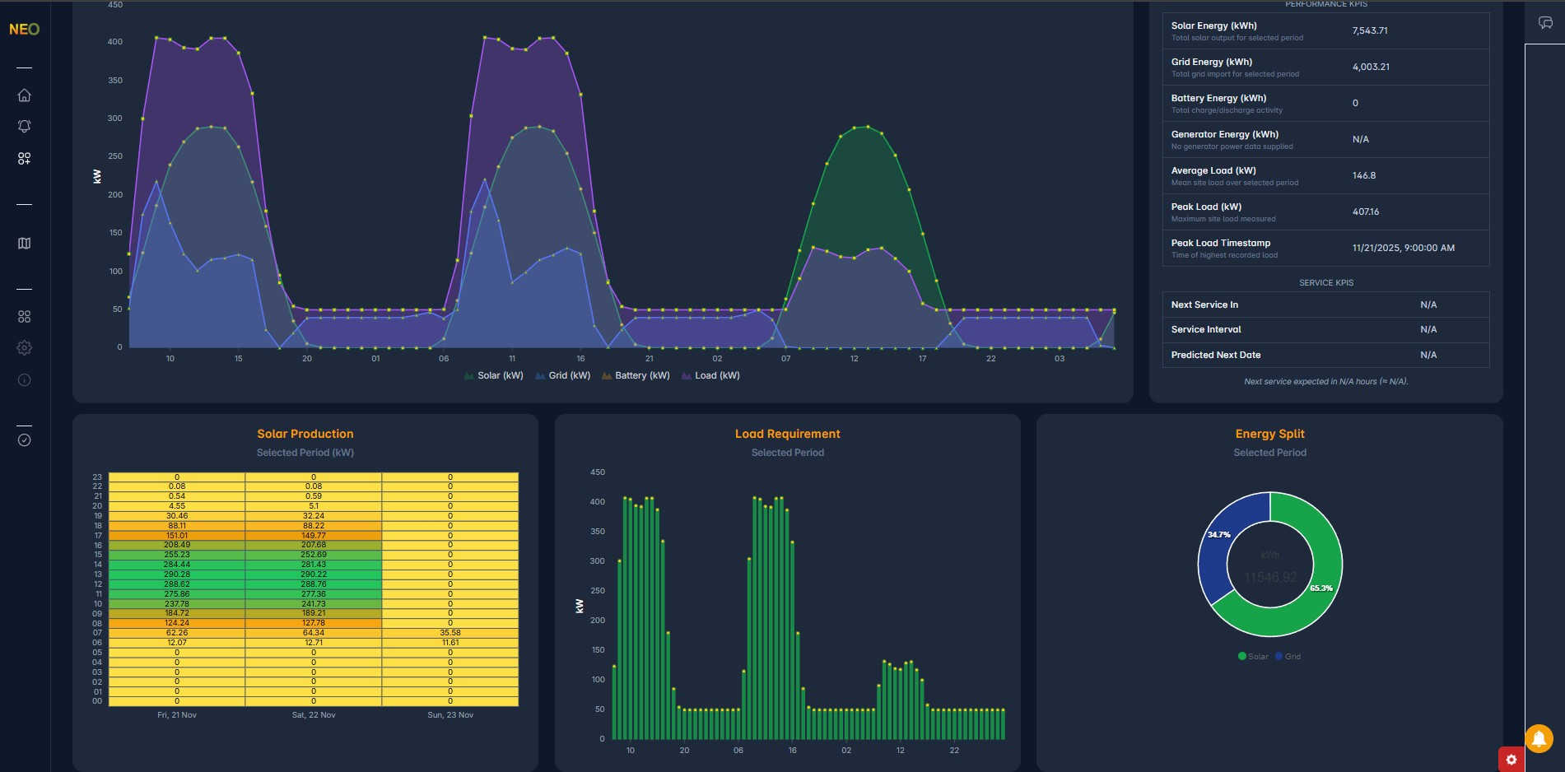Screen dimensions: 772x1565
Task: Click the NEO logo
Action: pyautogui.click(x=24, y=30)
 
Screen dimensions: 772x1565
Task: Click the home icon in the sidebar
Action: pyautogui.click(x=25, y=95)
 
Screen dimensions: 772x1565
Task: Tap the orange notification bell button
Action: pyautogui.click(x=1538, y=738)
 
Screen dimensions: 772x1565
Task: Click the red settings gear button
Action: pyautogui.click(x=1511, y=760)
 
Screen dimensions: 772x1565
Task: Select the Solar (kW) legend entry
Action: pyautogui.click(x=494, y=375)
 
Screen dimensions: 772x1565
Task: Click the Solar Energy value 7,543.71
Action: pyautogui.click(x=1370, y=30)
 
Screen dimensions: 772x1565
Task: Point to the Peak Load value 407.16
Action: pyautogui.click(x=1366, y=212)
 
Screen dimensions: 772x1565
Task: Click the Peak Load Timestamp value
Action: pyautogui.click(x=1403, y=248)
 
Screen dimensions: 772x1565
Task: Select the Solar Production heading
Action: pyautogui.click(x=305, y=434)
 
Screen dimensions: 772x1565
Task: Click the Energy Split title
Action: pyautogui.click(x=1269, y=434)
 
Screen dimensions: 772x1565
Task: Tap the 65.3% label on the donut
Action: pyautogui.click(x=1321, y=588)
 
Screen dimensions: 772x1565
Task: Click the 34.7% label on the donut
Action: pyautogui.click(x=1218, y=535)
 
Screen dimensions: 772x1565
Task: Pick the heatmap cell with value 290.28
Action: pyautogui.click(x=177, y=574)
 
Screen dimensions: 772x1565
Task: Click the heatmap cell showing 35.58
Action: pyautogui.click(x=450, y=633)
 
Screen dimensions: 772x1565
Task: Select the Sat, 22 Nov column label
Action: pyautogui.click(x=314, y=715)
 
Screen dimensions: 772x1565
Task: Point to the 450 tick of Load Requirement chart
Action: pyautogui.click(x=598, y=472)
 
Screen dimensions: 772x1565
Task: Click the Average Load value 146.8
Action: pyautogui.click(x=1364, y=175)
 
